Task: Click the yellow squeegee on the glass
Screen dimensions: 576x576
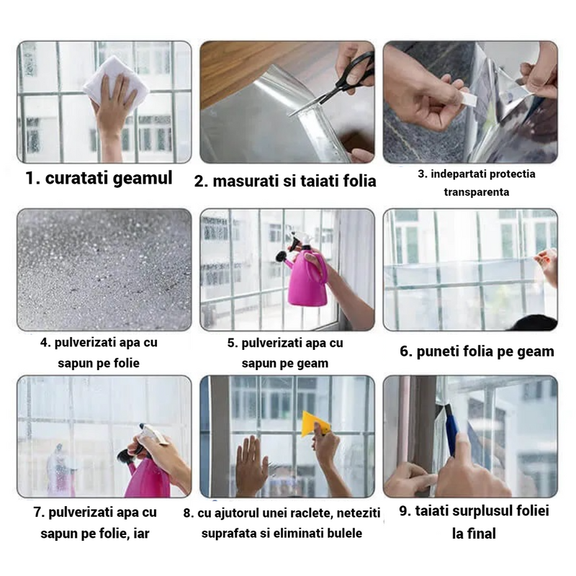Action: click(315, 423)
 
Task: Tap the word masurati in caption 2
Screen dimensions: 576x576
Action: click(246, 181)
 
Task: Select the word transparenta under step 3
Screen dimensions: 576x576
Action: click(477, 192)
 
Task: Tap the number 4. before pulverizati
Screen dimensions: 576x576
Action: click(45, 343)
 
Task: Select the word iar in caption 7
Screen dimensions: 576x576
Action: click(141, 534)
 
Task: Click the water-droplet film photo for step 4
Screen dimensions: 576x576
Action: click(104, 269)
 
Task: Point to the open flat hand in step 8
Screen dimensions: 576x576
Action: click(251, 464)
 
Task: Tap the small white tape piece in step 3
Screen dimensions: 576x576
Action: click(469, 99)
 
